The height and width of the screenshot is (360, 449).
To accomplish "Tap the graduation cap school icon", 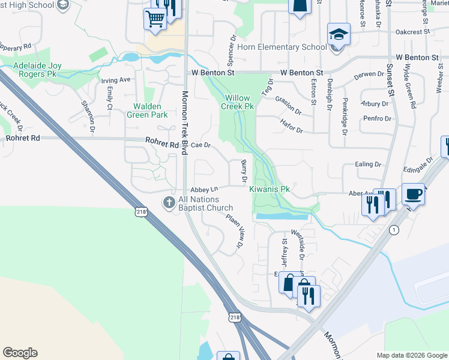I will [338, 35].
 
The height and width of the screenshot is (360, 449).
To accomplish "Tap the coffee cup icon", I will [413, 194].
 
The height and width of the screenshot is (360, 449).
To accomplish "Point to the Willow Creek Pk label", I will [238, 102].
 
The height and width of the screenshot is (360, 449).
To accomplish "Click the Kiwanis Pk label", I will [270, 189].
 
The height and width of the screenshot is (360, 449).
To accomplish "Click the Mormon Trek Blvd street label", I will [185, 114].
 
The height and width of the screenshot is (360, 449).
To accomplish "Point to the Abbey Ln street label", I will [204, 189].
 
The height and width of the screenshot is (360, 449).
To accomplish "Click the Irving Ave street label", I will [116, 79].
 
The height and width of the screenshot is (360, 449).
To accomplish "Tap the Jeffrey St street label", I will [285, 254].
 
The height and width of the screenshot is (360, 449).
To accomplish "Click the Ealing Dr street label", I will [368, 164].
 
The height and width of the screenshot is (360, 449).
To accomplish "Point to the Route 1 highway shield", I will [393, 230].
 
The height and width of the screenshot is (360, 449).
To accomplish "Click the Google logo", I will [20, 353].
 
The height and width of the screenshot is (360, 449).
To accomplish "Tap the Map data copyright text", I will [411, 355].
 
